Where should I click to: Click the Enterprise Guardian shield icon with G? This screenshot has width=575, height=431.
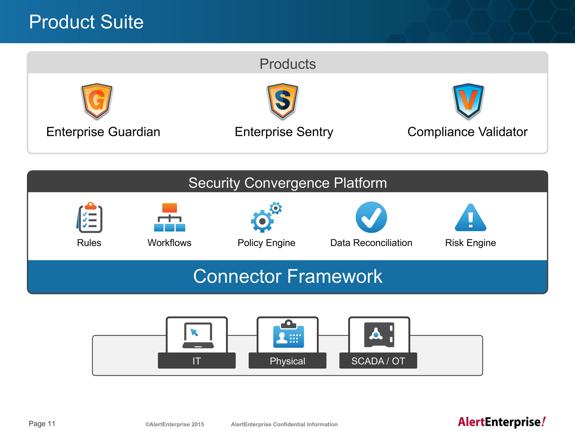[97, 101]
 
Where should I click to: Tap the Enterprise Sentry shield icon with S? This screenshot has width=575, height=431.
[283, 101]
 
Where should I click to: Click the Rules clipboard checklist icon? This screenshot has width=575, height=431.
[89, 217]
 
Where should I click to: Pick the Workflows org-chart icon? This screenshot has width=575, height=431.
[169, 217]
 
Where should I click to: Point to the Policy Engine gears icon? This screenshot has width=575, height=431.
[266, 217]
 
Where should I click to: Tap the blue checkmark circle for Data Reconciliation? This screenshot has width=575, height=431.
[371, 217]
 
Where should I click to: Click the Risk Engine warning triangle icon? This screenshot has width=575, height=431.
[470, 218]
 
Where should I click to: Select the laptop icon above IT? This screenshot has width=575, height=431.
[198, 335]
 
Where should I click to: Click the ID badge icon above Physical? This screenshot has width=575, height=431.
[288, 334]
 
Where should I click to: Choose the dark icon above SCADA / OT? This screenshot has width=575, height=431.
[379, 335]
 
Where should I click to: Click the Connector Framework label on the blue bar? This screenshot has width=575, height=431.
[287, 276]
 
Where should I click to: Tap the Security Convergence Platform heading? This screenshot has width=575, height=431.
[287, 183]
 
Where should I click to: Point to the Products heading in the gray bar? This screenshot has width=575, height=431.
[287, 64]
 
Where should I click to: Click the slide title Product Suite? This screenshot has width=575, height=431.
[86, 22]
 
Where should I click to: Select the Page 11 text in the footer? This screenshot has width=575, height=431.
[42, 423]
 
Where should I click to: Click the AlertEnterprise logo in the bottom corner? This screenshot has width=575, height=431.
[501, 422]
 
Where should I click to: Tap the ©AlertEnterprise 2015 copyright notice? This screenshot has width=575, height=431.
[174, 424]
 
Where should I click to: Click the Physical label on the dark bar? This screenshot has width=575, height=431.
[287, 361]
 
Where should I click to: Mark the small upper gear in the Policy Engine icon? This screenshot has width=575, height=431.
[276, 208]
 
